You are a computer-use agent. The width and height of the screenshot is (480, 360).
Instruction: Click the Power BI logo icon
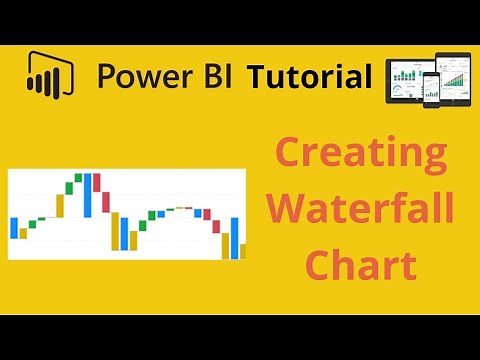pyautogui.click(x=48, y=76)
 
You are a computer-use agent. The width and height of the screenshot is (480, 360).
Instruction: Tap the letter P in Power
pyautogui.click(x=105, y=76)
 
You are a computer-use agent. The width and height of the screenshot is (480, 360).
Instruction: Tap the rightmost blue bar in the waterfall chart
pyautogui.click(x=235, y=237)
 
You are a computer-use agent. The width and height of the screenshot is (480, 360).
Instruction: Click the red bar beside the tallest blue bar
pyautogui.click(x=97, y=190)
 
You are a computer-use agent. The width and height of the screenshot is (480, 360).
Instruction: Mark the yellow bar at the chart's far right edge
pyautogui.click(x=242, y=251)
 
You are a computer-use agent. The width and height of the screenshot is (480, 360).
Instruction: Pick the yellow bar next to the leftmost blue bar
pyautogui.click(x=22, y=233)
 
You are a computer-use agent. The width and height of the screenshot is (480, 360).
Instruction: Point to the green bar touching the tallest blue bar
pyautogui.click(x=78, y=178)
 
